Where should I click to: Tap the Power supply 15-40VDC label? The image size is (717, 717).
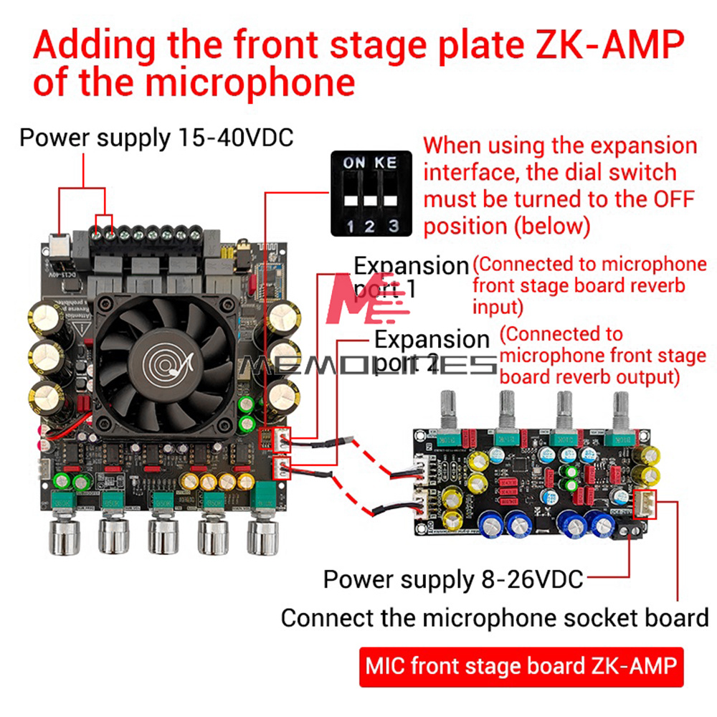(156, 137)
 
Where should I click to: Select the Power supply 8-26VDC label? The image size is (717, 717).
(453, 579)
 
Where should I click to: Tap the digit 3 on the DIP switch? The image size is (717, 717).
(392, 227)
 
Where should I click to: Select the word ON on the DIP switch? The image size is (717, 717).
(353, 163)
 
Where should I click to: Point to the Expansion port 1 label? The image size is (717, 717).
(410, 276)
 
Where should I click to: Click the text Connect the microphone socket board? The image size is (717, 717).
(494, 617)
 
